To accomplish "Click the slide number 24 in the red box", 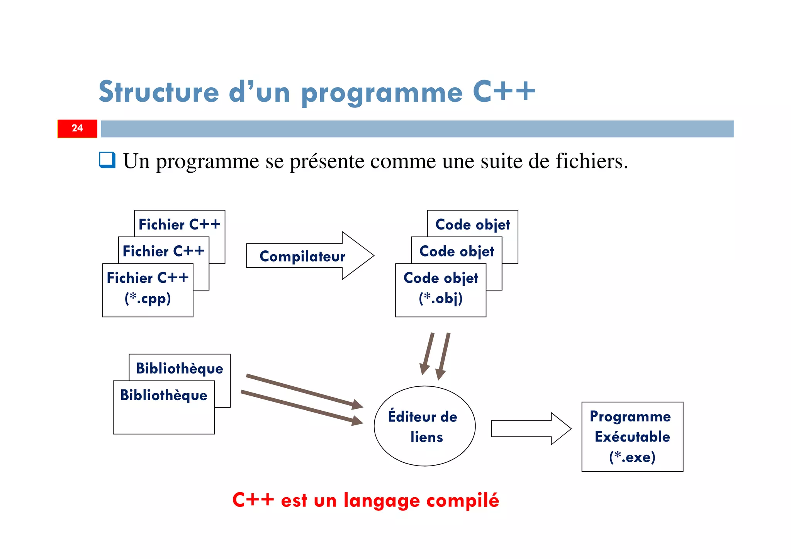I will point(77,128).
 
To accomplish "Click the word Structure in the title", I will point(159,92).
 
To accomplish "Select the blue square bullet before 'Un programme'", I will point(107,160).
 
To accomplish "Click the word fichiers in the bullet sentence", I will point(591,161).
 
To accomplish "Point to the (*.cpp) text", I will point(148,298).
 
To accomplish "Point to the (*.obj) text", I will point(440,298).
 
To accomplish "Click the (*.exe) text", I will point(632,457).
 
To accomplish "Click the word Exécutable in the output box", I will point(632,437).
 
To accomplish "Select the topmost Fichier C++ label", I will point(179,224).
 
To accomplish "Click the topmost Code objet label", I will point(472,224).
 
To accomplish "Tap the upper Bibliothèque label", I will point(180,368).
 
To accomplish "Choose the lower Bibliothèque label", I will point(163,395).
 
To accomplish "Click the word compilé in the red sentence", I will point(462,501).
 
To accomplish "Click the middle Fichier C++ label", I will point(163,251).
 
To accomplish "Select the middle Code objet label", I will point(457,251).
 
